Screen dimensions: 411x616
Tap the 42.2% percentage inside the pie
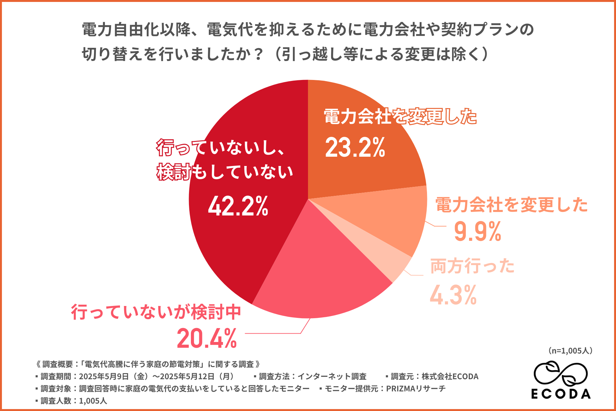point(238,206)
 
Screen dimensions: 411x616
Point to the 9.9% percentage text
point(477,232)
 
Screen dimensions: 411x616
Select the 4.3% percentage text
point(453,295)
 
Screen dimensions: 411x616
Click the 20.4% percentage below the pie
point(207,338)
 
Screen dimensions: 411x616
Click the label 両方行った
point(472,266)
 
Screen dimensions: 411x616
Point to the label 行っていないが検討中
point(156,312)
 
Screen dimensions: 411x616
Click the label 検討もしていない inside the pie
point(225,172)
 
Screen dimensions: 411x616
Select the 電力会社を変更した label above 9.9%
point(511,205)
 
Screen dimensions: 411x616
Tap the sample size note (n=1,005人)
point(570,351)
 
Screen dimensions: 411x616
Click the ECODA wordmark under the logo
point(561,394)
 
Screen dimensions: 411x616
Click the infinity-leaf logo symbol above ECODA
point(560,374)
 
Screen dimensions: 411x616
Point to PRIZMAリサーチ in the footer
point(416,389)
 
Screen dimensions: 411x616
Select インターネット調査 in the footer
point(332,376)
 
